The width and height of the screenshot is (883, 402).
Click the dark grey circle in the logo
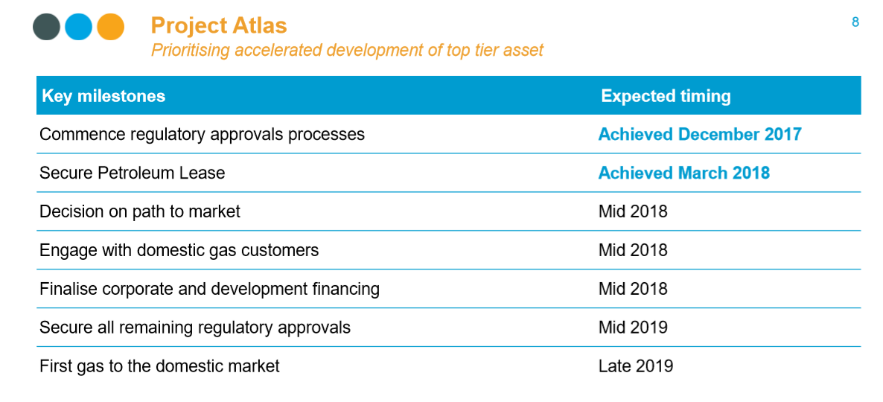pyautogui.click(x=46, y=27)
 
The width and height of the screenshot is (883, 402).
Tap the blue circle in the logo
pyautogui.click(x=78, y=27)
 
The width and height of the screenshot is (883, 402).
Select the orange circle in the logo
pyautogui.click(x=110, y=27)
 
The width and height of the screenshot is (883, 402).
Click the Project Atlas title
pyautogui.click(x=219, y=25)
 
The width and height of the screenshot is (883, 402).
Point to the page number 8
pyautogui.click(x=855, y=22)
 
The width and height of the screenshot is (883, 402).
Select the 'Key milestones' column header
pyautogui.click(x=103, y=96)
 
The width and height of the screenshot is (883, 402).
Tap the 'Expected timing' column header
pyautogui.click(x=666, y=96)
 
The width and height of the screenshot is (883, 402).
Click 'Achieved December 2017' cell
pyautogui.click(x=700, y=135)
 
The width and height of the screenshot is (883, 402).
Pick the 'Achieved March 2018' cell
pyautogui.click(x=683, y=173)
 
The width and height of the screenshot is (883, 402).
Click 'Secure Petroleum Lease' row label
pyautogui.click(x=133, y=173)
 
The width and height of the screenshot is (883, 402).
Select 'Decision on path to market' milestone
pyautogui.click(x=140, y=211)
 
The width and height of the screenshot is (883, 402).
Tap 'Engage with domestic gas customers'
pyautogui.click(x=179, y=250)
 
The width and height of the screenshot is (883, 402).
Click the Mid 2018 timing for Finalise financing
pyautogui.click(x=633, y=289)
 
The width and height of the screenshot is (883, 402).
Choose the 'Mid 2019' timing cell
pyautogui.click(x=633, y=327)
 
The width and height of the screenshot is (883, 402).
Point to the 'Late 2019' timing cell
pyautogui.click(x=636, y=366)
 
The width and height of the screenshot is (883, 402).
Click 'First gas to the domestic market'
pyautogui.click(x=159, y=366)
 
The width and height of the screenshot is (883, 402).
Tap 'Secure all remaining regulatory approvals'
pyautogui.click(x=195, y=328)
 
